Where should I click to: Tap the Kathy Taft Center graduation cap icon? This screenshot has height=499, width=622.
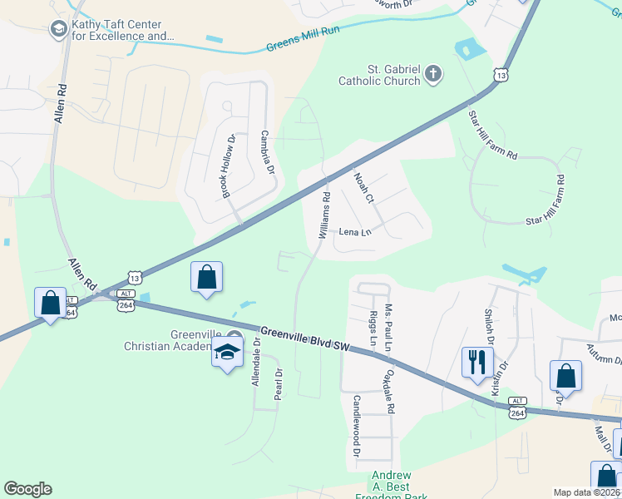pos(58,31)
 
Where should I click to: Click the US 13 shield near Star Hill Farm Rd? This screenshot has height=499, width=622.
pos(500,75)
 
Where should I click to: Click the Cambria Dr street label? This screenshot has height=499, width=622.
pos(268,151)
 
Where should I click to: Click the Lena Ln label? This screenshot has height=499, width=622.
pos(355,232)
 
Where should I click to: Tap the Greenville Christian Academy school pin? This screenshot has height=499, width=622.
pos(227,353)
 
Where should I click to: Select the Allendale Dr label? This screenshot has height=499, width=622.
pos(256,362)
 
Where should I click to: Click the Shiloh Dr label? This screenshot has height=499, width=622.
pos(489,328)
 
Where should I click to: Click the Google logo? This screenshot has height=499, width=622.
pos(27,489)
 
